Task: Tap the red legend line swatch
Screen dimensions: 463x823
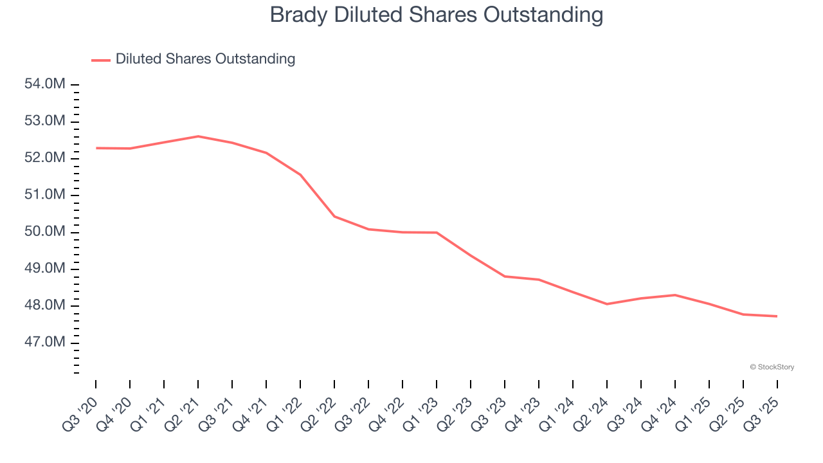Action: (x=101, y=60)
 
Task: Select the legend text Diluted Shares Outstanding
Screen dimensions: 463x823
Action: (x=205, y=59)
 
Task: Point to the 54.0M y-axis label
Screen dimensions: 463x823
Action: (x=46, y=84)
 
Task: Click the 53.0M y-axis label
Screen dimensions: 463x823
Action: (x=46, y=122)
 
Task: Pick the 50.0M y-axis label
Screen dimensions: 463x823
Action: (x=46, y=232)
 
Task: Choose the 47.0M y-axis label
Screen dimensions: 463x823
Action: (x=46, y=342)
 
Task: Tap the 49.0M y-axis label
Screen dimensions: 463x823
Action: (x=46, y=268)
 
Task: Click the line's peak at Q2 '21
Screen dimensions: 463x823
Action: (x=198, y=136)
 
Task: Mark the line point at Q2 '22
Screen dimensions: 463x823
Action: (x=334, y=217)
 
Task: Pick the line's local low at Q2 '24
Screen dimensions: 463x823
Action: (x=607, y=304)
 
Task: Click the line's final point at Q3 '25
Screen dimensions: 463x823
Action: (x=777, y=316)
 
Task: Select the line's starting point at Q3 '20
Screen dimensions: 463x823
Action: (x=96, y=148)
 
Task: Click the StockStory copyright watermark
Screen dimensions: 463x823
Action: (x=772, y=367)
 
